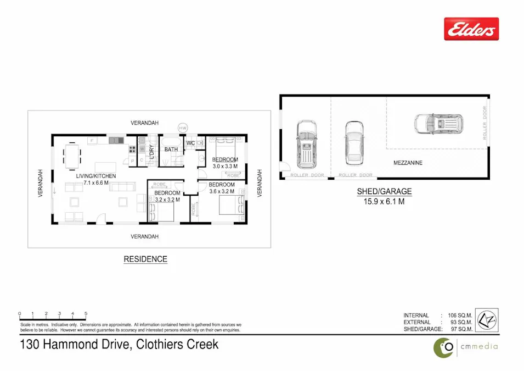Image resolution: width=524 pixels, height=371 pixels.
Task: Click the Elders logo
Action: pyautogui.click(x=471, y=29)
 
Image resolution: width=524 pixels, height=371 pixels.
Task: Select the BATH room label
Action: pyautogui.click(x=171, y=149)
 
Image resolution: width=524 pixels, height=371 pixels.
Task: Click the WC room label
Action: pyautogui.click(x=190, y=143)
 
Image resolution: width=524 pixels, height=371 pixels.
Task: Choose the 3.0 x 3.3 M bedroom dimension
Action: pyautogui.click(x=225, y=166)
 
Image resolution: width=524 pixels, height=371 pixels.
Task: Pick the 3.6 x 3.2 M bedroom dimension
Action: pyautogui.click(x=222, y=191)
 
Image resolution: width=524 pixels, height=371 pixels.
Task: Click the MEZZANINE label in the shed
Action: pyautogui.click(x=408, y=163)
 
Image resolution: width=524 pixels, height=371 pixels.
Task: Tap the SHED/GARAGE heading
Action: pyautogui.click(x=384, y=192)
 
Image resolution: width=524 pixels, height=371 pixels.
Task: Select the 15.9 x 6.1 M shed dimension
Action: pyautogui.click(x=384, y=201)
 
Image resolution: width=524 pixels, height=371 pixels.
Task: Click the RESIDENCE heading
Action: pyautogui.click(x=145, y=259)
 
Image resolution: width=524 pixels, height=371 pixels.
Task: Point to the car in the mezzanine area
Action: pyautogui.click(x=438, y=124)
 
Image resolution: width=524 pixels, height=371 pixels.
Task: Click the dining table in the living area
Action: pyautogui.click(x=72, y=157)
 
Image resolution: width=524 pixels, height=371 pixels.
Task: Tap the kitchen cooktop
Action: pyautogui.click(x=132, y=149)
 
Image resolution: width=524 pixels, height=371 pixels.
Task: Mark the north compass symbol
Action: pyautogui.click(x=486, y=320)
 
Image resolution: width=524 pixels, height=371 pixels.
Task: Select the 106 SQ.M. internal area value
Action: pyautogui.click(x=460, y=315)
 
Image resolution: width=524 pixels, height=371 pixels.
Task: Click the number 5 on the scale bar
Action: pyautogui.click(x=86, y=314)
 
